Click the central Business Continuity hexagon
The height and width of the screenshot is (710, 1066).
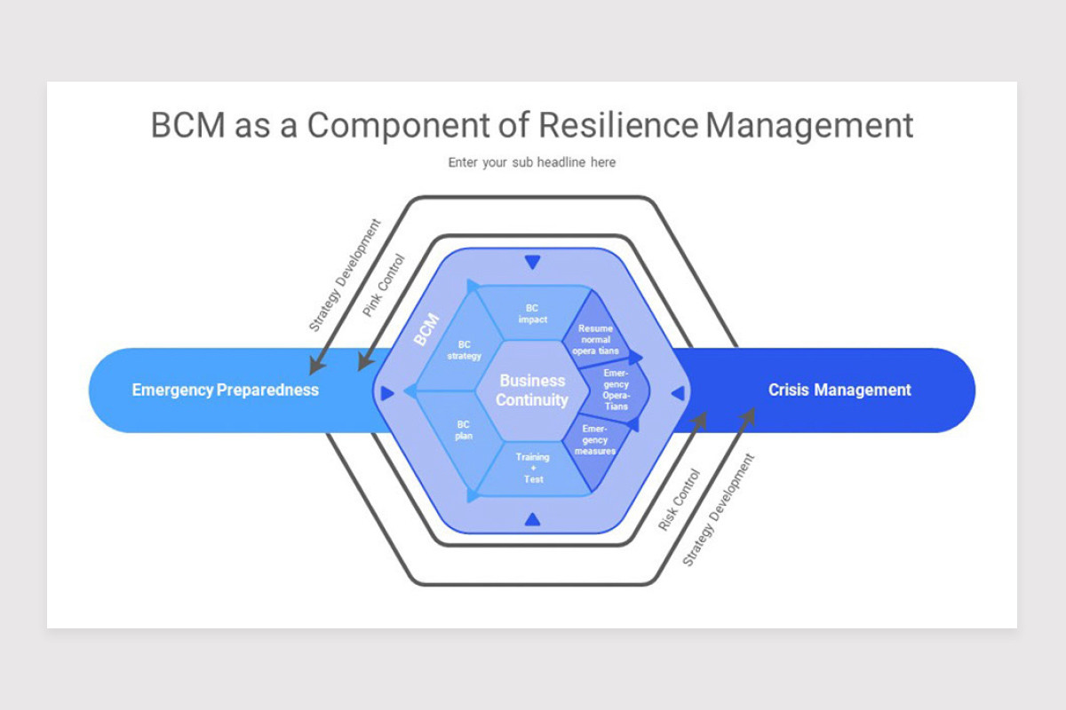point(532,390)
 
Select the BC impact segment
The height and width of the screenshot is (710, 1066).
point(533,313)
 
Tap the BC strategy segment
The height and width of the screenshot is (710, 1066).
point(464,351)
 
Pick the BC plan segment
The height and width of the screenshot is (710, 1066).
point(463,430)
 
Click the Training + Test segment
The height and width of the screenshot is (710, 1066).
point(533,468)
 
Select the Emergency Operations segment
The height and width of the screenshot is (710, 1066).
point(616,390)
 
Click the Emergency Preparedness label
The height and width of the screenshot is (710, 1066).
point(225,390)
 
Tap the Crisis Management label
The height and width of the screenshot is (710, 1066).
point(839,390)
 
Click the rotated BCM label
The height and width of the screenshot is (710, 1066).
point(426,330)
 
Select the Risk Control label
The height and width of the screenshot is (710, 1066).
point(680,500)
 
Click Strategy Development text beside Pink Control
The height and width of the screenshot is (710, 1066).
point(344,275)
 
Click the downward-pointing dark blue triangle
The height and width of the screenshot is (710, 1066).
point(532,262)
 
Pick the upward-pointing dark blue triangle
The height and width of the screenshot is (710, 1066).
point(532,519)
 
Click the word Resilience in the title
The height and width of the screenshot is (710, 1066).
point(618,125)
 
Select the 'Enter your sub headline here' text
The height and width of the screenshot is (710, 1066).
point(531,162)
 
